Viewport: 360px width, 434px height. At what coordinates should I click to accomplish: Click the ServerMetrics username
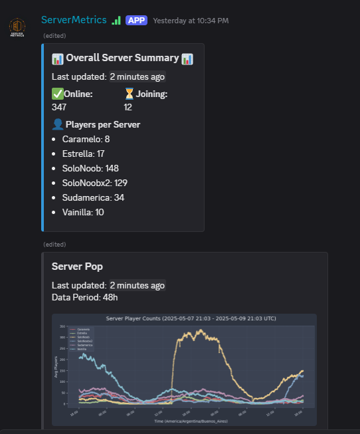tap(74, 20)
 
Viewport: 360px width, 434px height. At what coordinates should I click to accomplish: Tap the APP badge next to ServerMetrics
tap(136, 21)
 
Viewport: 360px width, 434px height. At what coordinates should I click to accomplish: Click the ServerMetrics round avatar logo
tap(17, 28)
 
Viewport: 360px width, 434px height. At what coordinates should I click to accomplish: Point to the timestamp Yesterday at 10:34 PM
tap(191, 21)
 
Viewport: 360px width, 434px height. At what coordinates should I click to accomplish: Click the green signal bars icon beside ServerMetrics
tap(116, 21)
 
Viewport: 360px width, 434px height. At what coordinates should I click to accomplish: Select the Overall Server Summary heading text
tap(122, 58)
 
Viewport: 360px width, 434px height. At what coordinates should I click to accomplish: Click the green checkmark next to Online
tap(57, 94)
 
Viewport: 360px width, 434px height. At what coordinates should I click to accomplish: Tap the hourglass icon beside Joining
tap(130, 94)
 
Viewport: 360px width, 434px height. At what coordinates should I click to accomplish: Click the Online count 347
tap(59, 107)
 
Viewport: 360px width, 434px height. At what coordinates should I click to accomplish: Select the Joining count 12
tap(128, 107)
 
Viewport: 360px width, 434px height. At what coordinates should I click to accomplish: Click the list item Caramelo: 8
tap(86, 139)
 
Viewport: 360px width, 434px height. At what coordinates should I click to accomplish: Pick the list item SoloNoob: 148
tap(90, 168)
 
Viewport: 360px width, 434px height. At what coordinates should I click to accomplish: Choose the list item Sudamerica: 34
tap(93, 197)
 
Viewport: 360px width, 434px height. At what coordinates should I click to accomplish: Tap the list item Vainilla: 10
tap(83, 212)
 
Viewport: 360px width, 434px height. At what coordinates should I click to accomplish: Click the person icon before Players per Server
tap(57, 124)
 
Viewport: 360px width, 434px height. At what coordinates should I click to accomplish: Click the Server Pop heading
tap(77, 266)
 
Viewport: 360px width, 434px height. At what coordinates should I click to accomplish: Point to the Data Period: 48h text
tap(84, 297)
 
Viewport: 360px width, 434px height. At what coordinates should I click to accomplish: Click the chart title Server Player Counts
tap(184, 319)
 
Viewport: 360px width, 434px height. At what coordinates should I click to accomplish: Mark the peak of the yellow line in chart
tap(197, 330)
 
